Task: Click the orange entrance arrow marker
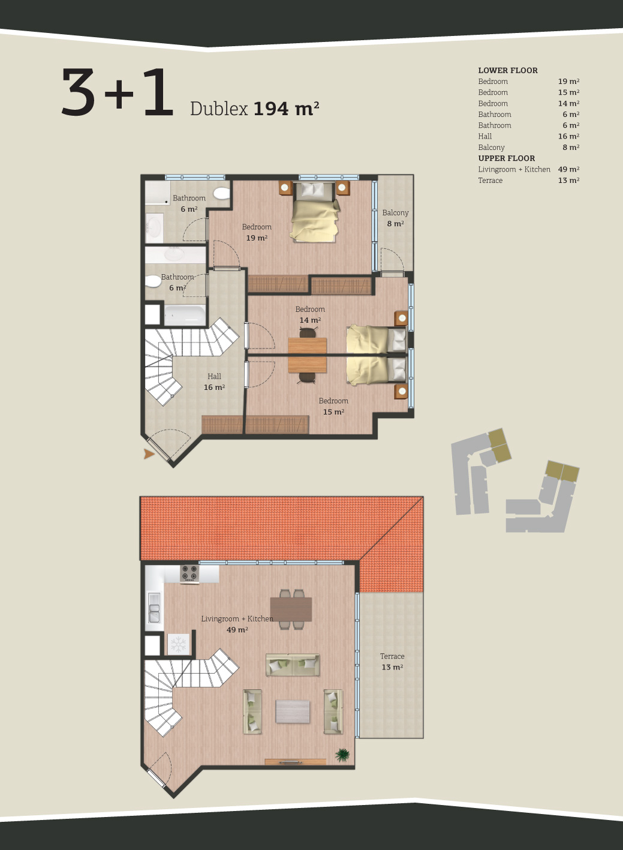[149, 454]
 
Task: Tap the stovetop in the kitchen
[189, 573]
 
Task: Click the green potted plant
[342, 755]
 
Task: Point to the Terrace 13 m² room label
[392, 662]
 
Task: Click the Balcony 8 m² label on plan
[395, 218]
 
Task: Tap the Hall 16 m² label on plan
[215, 382]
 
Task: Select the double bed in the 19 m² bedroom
[315, 211]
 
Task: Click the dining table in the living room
[291, 609]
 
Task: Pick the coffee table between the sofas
[293, 711]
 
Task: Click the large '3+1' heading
[118, 92]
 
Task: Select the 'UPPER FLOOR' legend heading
[506, 158]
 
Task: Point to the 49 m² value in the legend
[568, 169]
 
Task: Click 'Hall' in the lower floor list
[485, 136]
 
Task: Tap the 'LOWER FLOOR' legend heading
[508, 70]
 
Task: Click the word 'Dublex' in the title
[218, 109]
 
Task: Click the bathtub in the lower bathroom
[185, 315]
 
